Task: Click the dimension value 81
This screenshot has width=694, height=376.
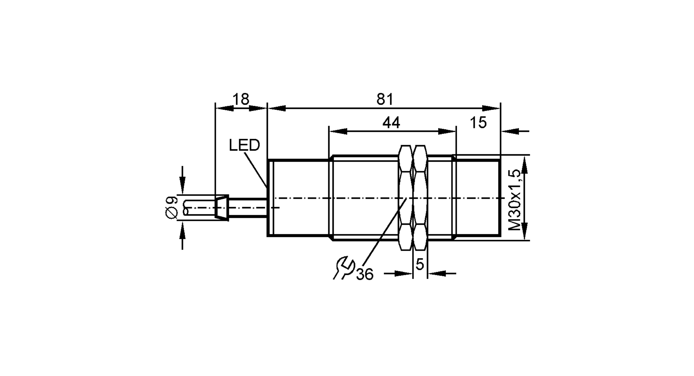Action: [385, 100]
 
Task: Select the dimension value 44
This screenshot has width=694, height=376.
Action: [391, 123]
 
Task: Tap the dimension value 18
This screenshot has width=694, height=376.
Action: [241, 100]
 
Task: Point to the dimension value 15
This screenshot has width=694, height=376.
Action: [478, 123]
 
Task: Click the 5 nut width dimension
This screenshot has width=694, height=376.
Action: [420, 265]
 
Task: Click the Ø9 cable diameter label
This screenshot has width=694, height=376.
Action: [171, 208]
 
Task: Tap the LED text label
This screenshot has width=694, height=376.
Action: [244, 145]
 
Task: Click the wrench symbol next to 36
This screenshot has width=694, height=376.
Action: [344, 268]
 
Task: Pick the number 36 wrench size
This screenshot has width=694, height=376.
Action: [365, 275]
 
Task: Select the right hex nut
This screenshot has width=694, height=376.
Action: [420, 198]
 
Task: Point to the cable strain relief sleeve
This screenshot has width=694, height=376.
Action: [221, 208]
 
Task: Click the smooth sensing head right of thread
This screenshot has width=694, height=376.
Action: [478, 198]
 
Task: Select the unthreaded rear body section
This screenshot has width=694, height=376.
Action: [298, 198]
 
